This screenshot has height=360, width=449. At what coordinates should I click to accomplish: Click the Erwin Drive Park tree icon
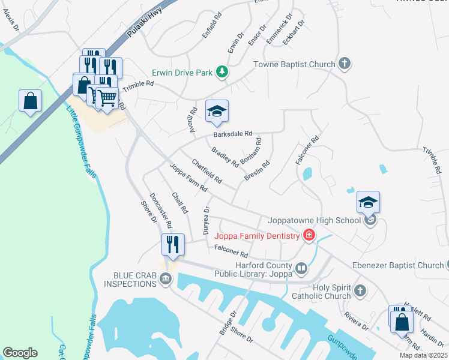[x=222, y=73]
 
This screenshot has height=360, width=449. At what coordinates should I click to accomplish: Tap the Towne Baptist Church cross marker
[x=345, y=64]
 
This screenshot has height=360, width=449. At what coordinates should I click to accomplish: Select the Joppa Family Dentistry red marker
[x=309, y=236]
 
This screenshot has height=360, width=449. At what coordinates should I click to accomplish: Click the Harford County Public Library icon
[x=301, y=268]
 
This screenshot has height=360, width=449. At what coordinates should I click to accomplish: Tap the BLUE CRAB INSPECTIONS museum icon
[x=166, y=277]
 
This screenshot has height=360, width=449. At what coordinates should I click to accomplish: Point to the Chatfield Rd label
[x=206, y=171]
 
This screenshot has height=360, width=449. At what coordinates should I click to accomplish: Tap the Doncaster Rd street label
[x=161, y=211]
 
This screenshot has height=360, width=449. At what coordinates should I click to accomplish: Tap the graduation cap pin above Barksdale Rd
[x=217, y=111]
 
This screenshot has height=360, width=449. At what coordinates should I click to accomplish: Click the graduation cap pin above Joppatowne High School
[x=368, y=203]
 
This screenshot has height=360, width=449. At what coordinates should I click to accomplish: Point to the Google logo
[x=20, y=353]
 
